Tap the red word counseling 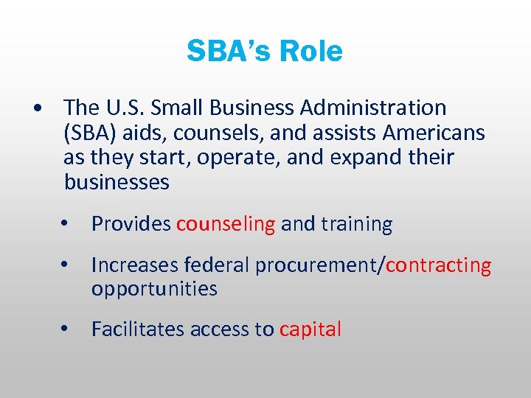click(x=226, y=224)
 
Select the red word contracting click(x=438, y=265)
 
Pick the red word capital click(x=310, y=329)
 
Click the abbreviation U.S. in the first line click(x=123, y=108)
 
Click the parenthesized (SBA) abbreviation click(x=88, y=133)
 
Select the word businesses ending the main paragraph click(x=117, y=182)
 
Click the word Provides click(x=131, y=224)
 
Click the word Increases click(x=136, y=265)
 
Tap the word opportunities click(x=154, y=288)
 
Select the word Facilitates click(x=138, y=329)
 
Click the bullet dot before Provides click(x=66, y=224)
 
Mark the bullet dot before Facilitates click(x=66, y=329)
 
